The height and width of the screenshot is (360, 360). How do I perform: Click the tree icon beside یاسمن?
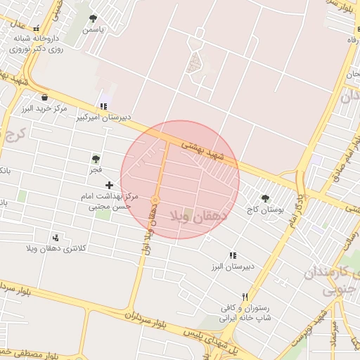point(94,18)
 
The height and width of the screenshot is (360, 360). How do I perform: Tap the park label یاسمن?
point(94,30)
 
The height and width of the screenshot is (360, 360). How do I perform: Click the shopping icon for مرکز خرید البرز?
point(45,97)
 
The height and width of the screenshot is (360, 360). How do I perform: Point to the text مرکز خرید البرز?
point(44,109)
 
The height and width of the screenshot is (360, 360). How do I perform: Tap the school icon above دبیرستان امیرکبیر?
point(104,106)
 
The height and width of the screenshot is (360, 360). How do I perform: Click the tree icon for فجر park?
point(96,159)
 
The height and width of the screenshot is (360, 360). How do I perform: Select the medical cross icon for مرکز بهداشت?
point(109,184)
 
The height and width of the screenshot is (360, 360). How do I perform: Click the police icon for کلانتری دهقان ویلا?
point(56,237)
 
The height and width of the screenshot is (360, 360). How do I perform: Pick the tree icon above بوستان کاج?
point(265,198)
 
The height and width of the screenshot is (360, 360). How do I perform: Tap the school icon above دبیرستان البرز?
point(232,255)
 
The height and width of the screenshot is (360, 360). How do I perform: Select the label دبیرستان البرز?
point(230,267)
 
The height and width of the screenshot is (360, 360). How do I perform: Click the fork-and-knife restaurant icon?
point(245,297)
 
